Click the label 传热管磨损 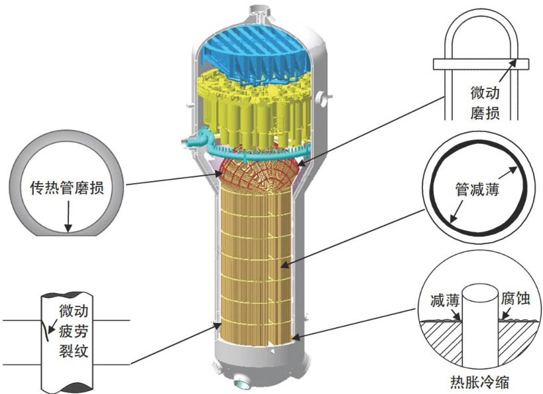click(66, 188)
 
